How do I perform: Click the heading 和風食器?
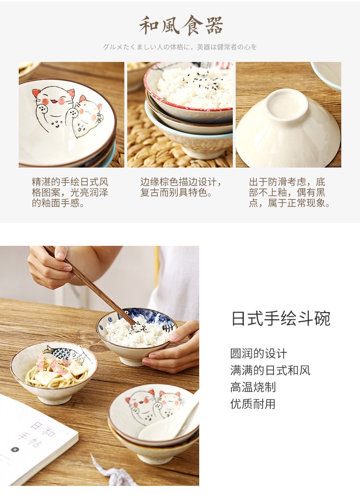[181, 25]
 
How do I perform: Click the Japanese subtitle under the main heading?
[180, 47]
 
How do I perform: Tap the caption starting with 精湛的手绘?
[70, 192]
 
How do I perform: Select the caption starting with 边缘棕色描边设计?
[181, 187]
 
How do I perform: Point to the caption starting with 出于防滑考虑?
[289, 192]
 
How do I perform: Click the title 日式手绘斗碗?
[281, 318]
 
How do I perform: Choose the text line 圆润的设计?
[258, 353]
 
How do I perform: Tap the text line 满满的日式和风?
[270, 370]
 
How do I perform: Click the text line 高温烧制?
[253, 387]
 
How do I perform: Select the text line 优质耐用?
[253, 404]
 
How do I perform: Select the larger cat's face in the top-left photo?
[54, 99]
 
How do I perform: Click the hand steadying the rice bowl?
[174, 347]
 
